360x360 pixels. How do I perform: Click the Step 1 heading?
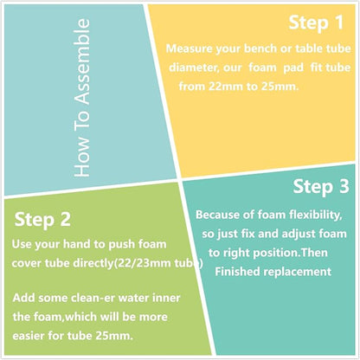(316, 22)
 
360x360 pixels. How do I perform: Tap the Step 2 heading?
(42, 220)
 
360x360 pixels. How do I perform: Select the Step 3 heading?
(321, 187)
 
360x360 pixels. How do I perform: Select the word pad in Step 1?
(293, 67)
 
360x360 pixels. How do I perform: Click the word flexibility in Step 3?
(316, 215)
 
